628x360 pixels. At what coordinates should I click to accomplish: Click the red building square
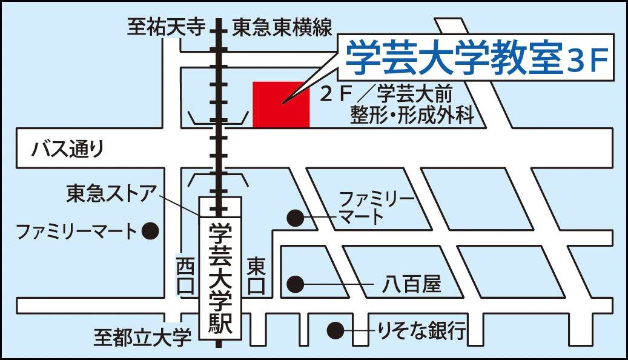click(x=281, y=104)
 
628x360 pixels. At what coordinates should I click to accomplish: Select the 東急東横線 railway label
click(x=283, y=28)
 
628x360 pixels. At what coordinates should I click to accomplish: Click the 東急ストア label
click(x=112, y=195)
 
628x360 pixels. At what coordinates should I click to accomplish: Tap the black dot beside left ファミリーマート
click(x=150, y=230)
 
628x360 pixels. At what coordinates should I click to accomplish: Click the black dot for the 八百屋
click(x=295, y=284)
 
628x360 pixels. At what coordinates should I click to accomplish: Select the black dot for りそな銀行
click(x=335, y=330)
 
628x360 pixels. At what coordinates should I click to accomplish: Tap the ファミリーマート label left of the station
click(x=76, y=231)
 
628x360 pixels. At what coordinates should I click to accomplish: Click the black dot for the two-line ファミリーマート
click(x=295, y=217)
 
